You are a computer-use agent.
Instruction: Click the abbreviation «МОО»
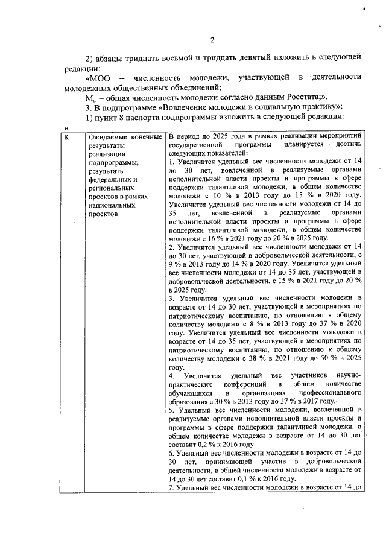coord(99,77)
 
